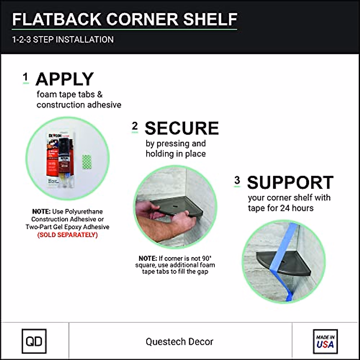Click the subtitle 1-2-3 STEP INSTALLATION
point(63,40)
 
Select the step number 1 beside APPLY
point(25,77)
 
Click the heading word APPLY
point(64,79)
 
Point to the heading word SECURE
point(181,128)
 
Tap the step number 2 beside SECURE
point(135,126)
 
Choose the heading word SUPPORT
point(290,182)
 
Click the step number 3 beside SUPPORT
point(237,180)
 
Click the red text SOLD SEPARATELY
point(67,235)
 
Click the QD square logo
point(34,341)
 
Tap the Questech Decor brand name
point(179,341)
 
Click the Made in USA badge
point(325,341)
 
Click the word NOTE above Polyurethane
point(41,211)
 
